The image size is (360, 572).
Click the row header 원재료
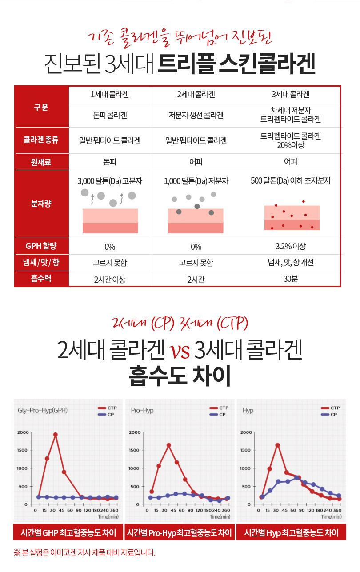click(41, 162)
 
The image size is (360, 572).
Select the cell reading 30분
click(290, 279)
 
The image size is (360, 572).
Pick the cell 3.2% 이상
click(290, 246)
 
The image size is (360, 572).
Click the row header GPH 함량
click(41, 246)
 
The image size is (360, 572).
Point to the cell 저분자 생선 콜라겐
click(196, 116)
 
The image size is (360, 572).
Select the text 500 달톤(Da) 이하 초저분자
click(290, 181)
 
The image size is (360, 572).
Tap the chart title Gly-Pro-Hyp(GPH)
click(42, 410)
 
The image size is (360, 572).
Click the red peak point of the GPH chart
click(56, 434)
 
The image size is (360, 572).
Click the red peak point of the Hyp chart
click(278, 445)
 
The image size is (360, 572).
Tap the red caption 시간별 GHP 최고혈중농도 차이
click(68, 532)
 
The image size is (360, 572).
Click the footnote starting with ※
click(84, 553)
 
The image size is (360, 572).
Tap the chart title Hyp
click(248, 410)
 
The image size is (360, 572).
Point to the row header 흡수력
click(41, 279)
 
